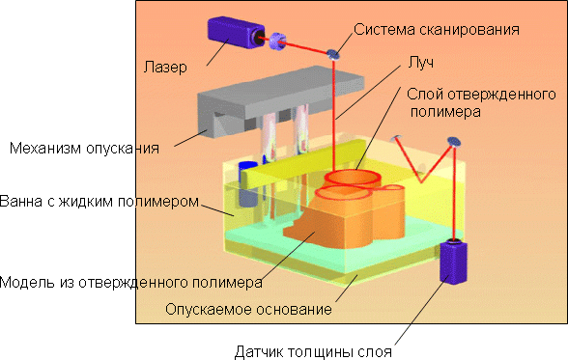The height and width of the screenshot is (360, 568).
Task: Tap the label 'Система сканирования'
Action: tap(438, 30)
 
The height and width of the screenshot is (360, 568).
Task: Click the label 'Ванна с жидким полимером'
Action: tap(99, 203)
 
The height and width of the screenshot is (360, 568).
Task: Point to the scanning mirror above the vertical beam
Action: tap(335, 54)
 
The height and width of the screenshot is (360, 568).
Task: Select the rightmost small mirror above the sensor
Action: tap(453, 144)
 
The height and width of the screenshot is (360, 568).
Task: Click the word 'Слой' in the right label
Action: tap(425, 94)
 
